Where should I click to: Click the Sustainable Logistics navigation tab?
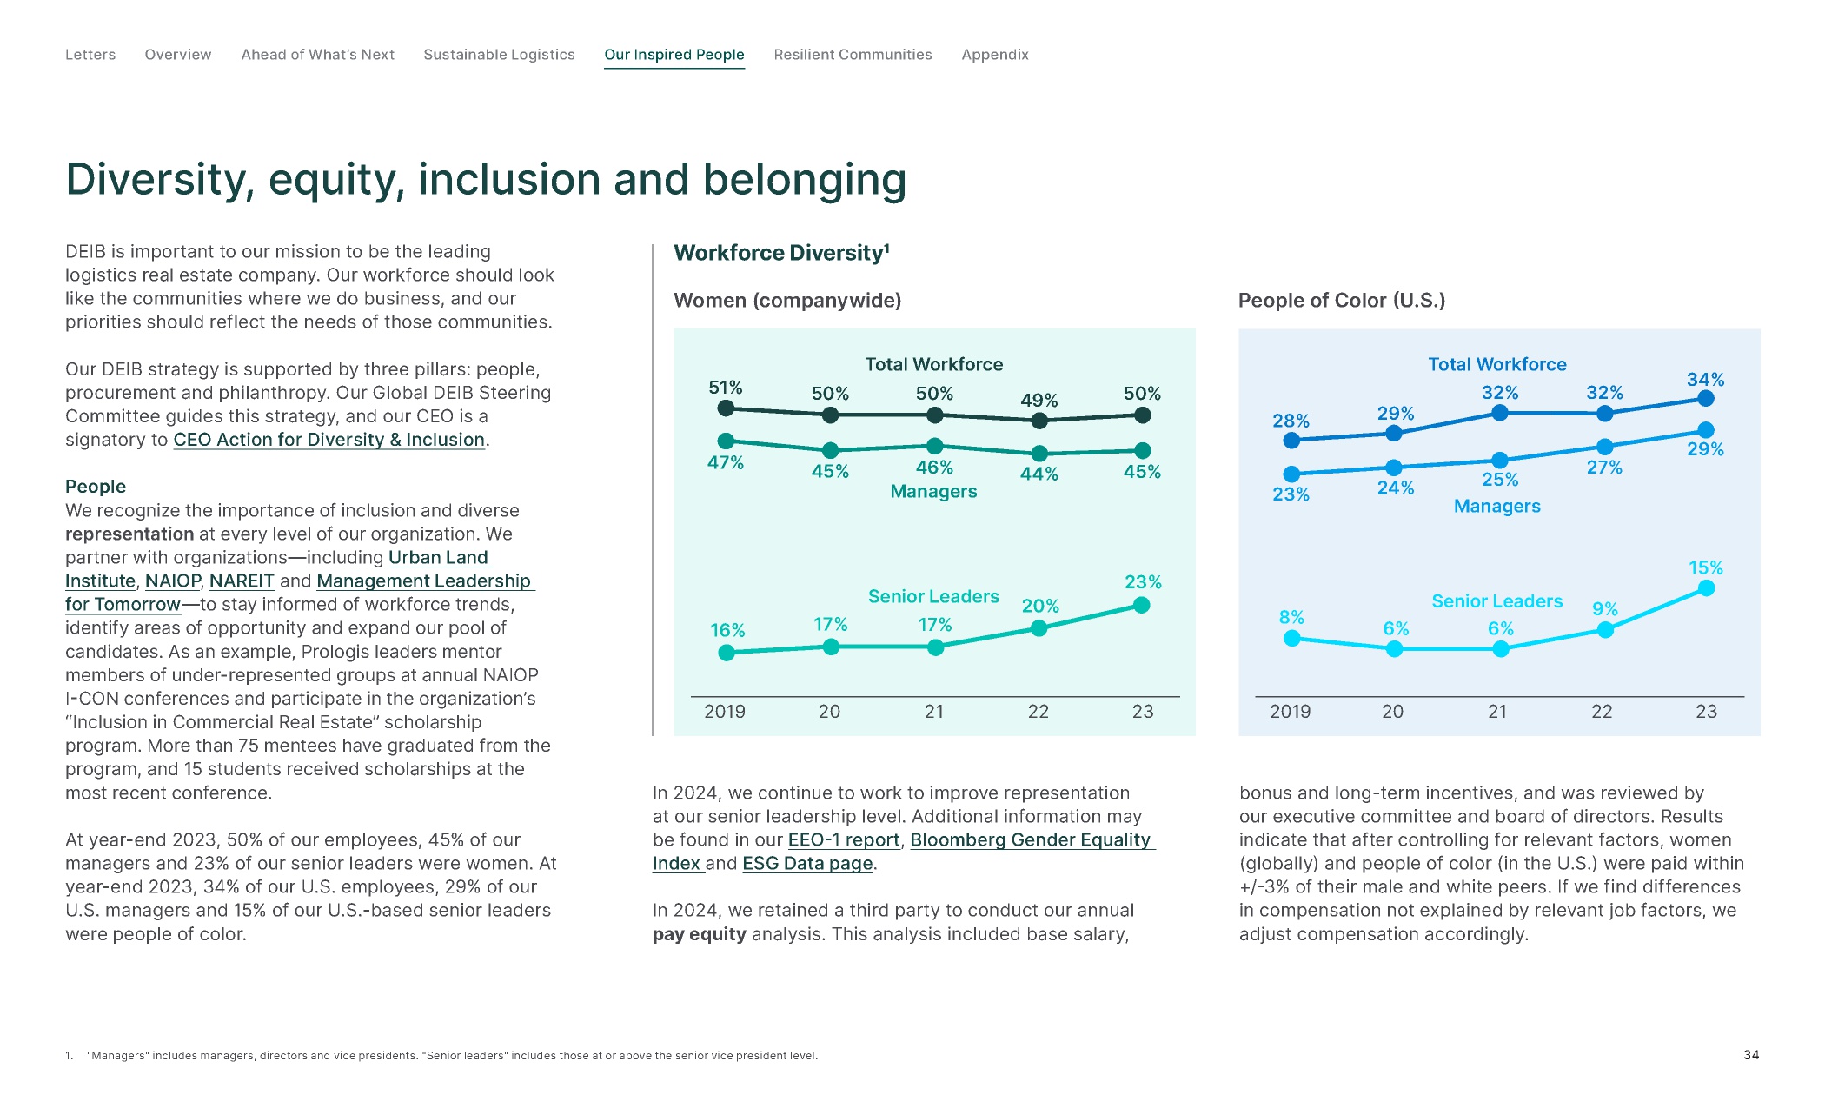(x=499, y=55)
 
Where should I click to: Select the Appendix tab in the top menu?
(x=995, y=55)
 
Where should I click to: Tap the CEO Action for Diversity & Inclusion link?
(x=329, y=440)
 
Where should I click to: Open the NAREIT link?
(x=242, y=581)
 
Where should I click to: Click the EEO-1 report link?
(x=844, y=839)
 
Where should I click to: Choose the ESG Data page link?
(x=807, y=863)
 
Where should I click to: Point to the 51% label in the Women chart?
(x=726, y=388)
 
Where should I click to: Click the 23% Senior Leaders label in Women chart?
(x=1143, y=582)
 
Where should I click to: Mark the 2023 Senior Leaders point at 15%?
(x=1706, y=588)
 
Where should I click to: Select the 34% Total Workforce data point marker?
(x=1706, y=398)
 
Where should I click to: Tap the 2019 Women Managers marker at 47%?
(x=727, y=441)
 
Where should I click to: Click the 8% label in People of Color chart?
(x=1291, y=617)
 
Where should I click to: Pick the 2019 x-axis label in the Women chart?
(x=725, y=712)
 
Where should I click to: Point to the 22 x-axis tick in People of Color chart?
(x=1602, y=712)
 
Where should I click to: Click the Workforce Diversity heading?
(x=781, y=253)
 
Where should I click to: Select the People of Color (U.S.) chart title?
(x=1342, y=301)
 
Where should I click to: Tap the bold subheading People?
(x=96, y=487)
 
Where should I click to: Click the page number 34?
(x=1751, y=1055)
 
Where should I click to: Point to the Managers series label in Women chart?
(x=933, y=492)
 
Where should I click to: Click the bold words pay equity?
(x=700, y=934)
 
